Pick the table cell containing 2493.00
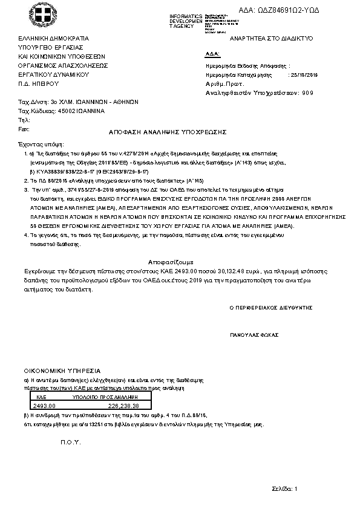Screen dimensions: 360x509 pyautogui.click(x=44, y=406)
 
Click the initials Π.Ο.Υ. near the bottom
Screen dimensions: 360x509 pyautogui.click(x=70, y=443)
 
